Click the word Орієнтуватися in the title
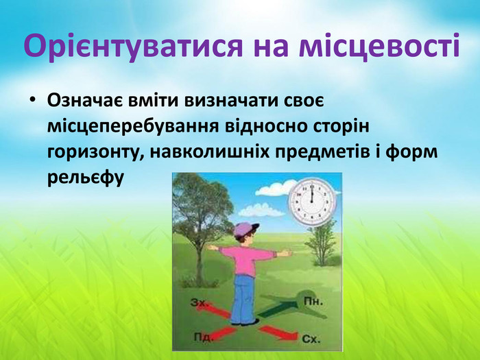click(133, 47)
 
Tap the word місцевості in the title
click(379, 46)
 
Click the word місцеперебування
click(133, 127)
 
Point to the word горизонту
click(95, 152)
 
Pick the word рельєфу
click(85, 177)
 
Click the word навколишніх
click(210, 152)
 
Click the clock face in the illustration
click(312, 202)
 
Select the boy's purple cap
click(245, 229)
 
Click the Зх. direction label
click(200, 302)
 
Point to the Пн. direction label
click(313, 302)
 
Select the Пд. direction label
click(203, 337)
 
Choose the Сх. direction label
click(311, 339)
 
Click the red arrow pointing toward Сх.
click(278, 333)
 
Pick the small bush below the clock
click(320, 242)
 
